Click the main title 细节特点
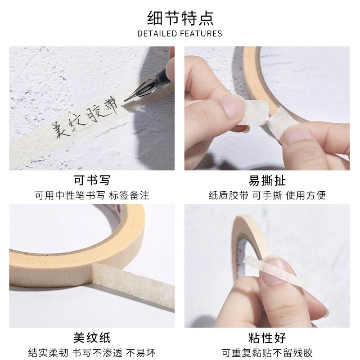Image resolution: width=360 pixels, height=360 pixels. (180, 18)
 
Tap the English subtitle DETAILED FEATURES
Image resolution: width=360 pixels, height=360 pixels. (180, 33)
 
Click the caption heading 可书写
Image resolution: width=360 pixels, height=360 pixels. (92, 180)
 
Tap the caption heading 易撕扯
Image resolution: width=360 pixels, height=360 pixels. (267, 180)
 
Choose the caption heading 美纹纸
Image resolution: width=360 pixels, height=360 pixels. (92, 338)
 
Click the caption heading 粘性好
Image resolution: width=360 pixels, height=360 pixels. (267, 338)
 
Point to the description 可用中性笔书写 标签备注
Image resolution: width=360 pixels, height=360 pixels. (92, 195)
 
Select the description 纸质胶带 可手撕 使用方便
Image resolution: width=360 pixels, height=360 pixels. (267, 195)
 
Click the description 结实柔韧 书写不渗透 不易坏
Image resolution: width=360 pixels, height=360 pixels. (92, 353)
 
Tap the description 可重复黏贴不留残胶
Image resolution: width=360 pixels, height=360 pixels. (267, 353)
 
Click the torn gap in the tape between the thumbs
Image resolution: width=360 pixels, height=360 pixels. (268, 120)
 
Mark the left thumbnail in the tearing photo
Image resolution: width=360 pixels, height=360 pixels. (232, 106)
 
